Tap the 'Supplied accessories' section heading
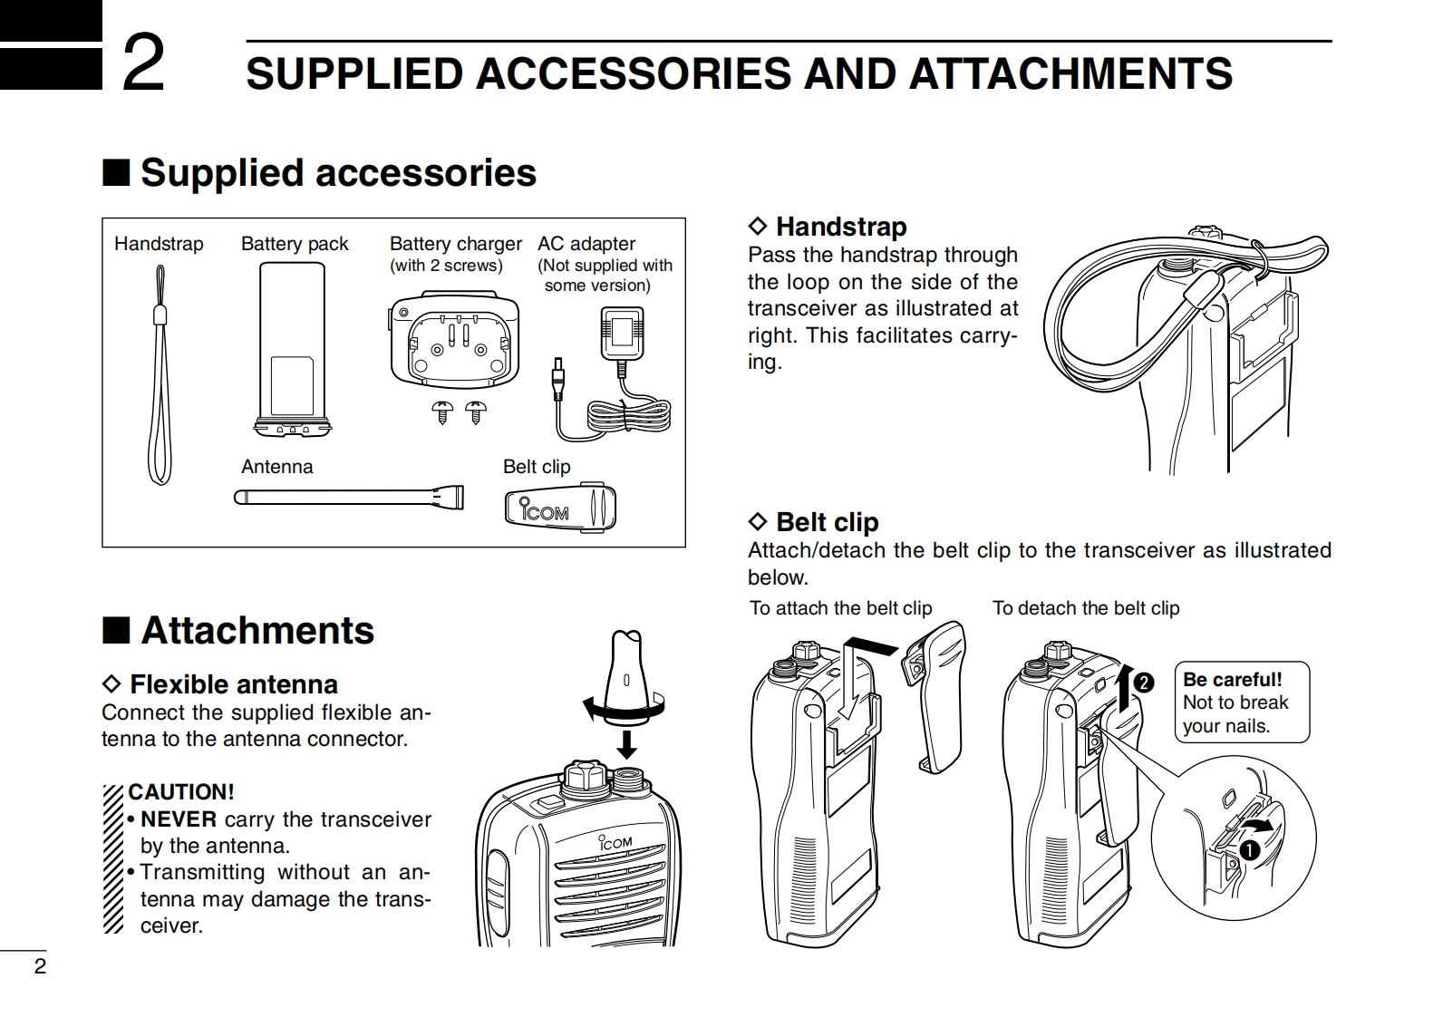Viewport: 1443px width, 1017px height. pos(337,172)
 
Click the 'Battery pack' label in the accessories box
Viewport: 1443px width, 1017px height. pos(295,244)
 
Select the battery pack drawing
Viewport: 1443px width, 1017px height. pos(292,349)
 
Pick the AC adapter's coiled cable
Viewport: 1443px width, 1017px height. pos(629,416)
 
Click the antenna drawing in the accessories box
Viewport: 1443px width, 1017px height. pos(349,497)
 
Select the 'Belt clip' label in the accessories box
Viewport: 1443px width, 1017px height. pos(537,467)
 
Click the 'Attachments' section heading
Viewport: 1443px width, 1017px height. pos(257,631)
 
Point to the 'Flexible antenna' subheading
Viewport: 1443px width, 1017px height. pos(233,684)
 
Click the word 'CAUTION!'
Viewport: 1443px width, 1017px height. pos(181,792)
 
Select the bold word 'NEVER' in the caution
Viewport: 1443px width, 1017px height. pos(179,819)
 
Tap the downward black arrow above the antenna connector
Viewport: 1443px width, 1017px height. pos(625,743)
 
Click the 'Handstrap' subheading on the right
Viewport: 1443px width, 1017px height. pos(840,227)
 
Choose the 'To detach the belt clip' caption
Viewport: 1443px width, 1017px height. pos(1086,608)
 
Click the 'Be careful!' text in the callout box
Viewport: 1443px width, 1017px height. pos(1232,680)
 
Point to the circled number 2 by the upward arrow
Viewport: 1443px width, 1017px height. pos(1144,683)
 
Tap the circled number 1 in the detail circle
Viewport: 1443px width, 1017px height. pos(1250,850)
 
